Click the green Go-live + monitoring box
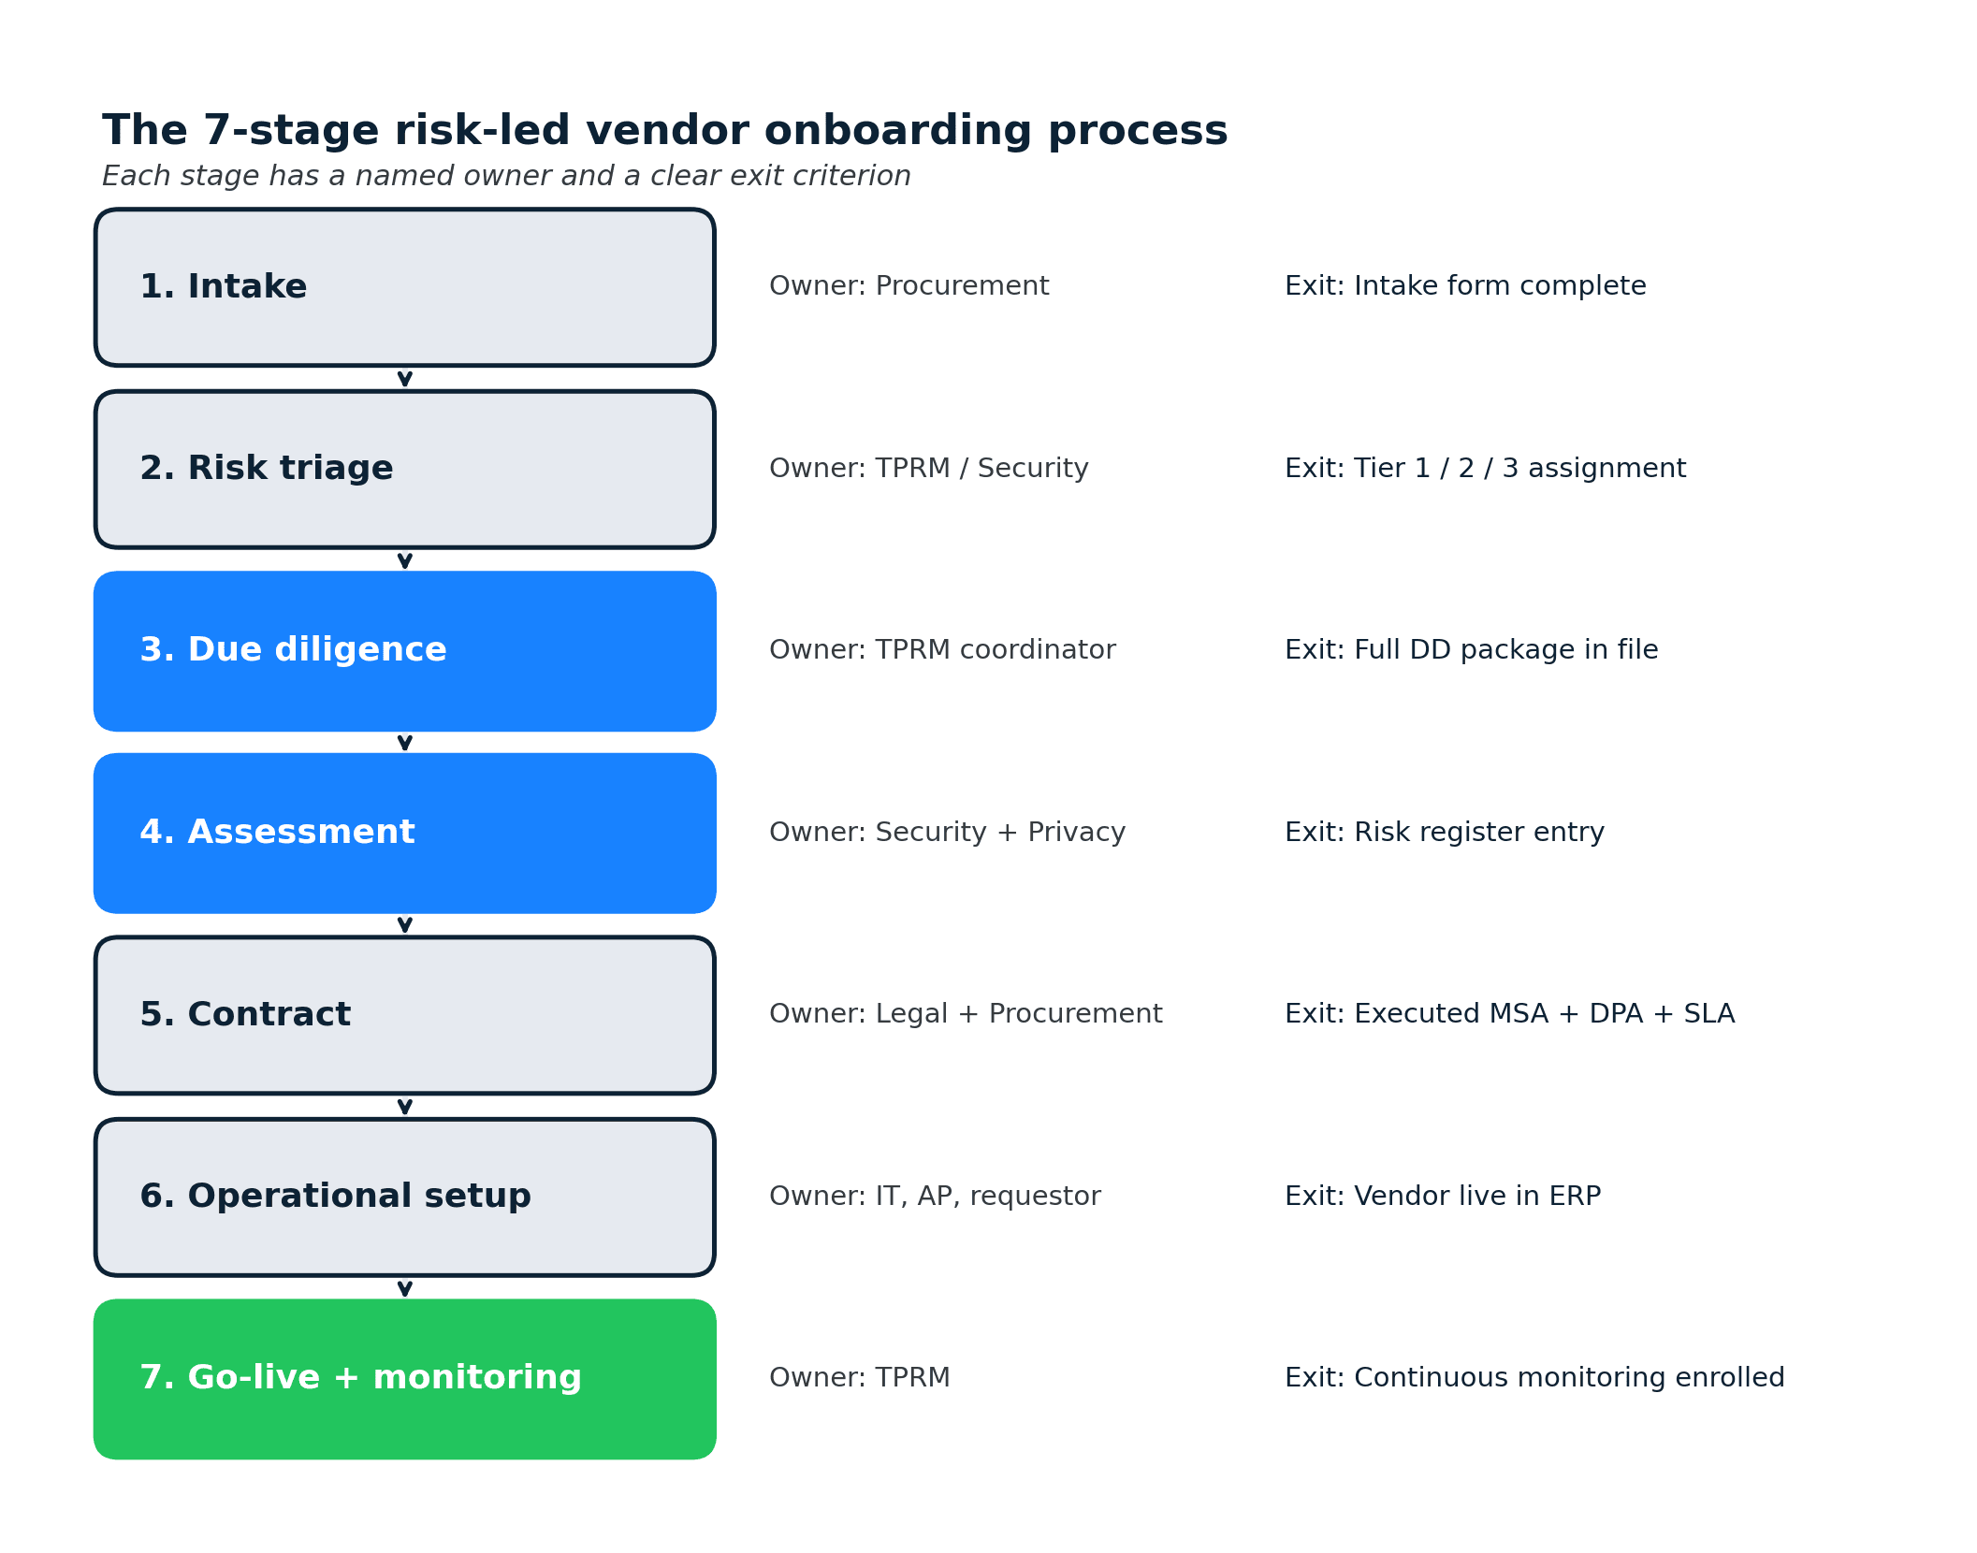pos(404,1378)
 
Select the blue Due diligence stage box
pos(404,650)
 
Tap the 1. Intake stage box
pos(404,286)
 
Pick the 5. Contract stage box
pos(404,1014)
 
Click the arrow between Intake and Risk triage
pos(404,378)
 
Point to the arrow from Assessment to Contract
pos(404,924)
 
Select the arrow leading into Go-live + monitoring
pos(404,1288)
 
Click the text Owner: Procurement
pos(909,286)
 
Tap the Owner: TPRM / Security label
pos(928,468)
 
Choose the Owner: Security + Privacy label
pos(947,832)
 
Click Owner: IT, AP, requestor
pos(935,1196)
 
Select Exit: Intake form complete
pos(1464,286)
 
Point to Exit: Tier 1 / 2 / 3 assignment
pos(1485,468)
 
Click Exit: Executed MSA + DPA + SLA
pos(1509,1014)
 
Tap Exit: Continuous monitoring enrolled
pos(1534,1377)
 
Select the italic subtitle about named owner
pos(506,176)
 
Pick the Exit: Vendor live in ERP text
pos(1442,1196)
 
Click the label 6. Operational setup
pos(335,1196)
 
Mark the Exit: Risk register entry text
pos(1444,832)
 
